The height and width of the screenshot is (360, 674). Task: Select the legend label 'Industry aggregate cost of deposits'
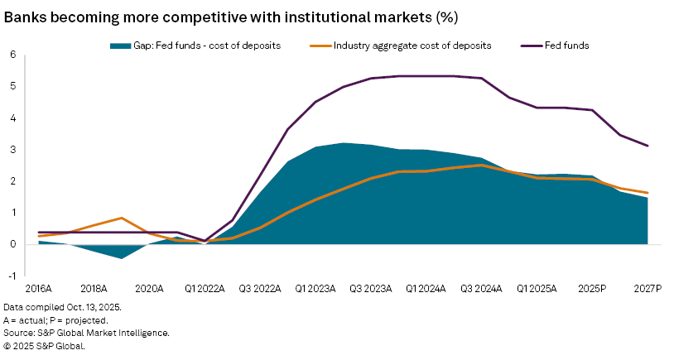[412, 46]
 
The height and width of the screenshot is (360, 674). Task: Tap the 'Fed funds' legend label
[566, 46]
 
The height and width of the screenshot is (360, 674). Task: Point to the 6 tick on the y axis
[13, 55]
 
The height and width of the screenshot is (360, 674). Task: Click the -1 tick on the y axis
[12, 276]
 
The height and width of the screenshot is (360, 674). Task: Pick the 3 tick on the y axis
[13, 149]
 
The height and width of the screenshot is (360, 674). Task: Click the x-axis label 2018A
[94, 290]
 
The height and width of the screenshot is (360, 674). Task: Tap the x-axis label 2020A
[150, 290]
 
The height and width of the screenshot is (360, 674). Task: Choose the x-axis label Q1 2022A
[205, 290]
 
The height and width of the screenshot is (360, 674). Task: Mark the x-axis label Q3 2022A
[260, 290]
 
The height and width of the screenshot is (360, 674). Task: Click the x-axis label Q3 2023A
[371, 290]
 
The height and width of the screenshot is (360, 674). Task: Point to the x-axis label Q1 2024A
[426, 290]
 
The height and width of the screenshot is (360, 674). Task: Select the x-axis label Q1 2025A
[537, 290]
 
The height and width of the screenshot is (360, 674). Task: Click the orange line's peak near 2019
[122, 218]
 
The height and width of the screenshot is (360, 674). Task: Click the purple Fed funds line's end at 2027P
[648, 146]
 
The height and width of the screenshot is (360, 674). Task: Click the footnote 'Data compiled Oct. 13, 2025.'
[62, 306]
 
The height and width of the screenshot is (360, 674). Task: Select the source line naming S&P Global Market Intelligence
[86, 333]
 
